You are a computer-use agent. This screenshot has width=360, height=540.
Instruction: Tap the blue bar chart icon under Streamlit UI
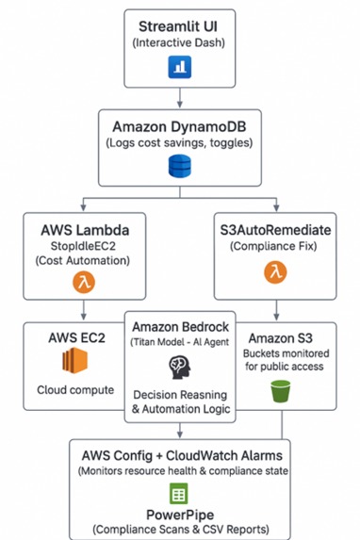(x=179, y=67)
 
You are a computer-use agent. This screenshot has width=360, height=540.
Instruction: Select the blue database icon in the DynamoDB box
(x=179, y=167)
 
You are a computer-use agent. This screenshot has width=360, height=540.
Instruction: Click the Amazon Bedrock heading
(x=179, y=325)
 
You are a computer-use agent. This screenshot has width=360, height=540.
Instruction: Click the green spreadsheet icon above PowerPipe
(x=179, y=493)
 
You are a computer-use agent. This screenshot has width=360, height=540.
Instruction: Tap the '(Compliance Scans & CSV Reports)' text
(x=179, y=530)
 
